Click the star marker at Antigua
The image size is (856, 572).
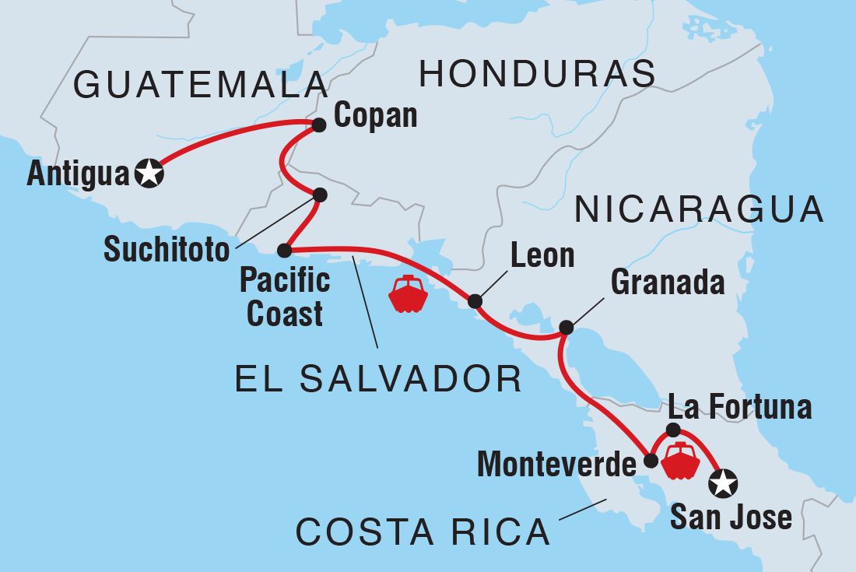click(149, 173)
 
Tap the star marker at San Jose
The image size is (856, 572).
click(723, 484)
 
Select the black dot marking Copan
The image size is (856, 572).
click(318, 124)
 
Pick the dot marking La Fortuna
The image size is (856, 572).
click(674, 430)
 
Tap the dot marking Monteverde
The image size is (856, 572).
click(651, 461)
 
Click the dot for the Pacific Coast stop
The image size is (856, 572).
click(285, 251)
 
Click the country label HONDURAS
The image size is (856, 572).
click(537, 75)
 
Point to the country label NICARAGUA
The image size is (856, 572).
click(698, 210)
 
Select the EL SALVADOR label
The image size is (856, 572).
click(378, 379)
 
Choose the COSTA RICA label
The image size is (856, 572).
click(423, 533)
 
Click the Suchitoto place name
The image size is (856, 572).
click(167, 251)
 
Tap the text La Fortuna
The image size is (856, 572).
click(739, 407)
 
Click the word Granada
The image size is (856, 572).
click(668, 283)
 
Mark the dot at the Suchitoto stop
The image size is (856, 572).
click(319, 195)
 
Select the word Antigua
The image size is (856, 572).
click(77, 174)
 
